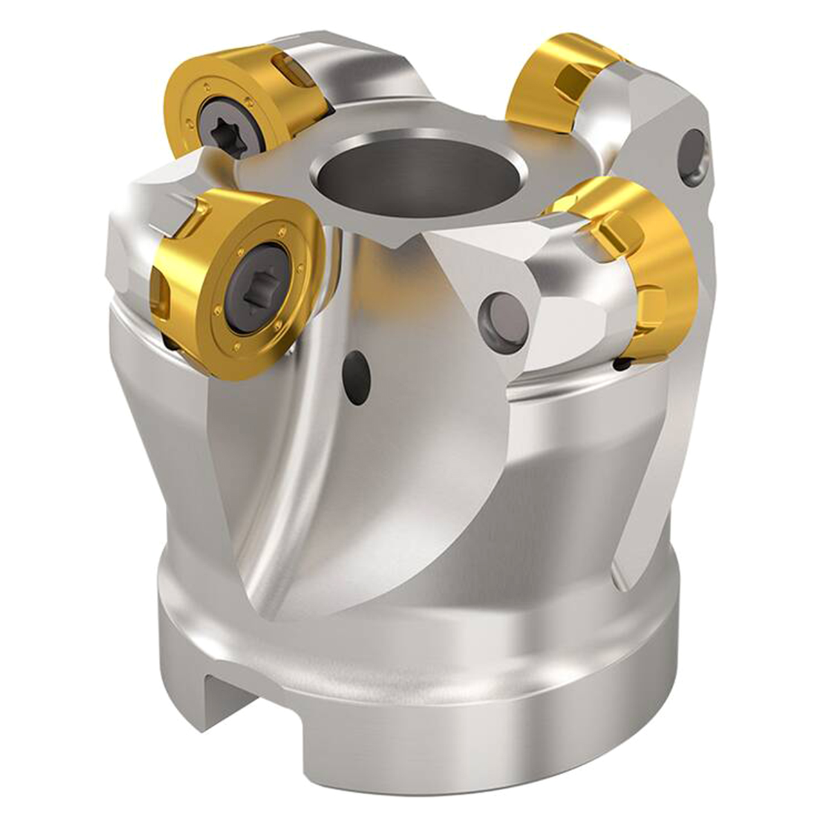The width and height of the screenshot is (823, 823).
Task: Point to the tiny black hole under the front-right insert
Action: (x=622, y=365)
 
